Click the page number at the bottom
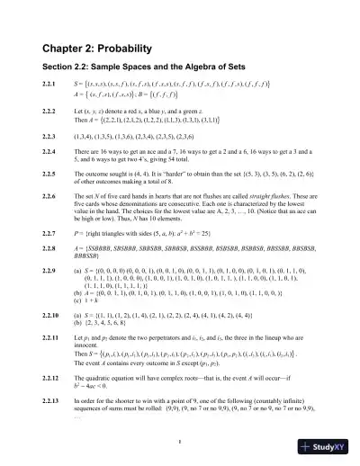(180, 440)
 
